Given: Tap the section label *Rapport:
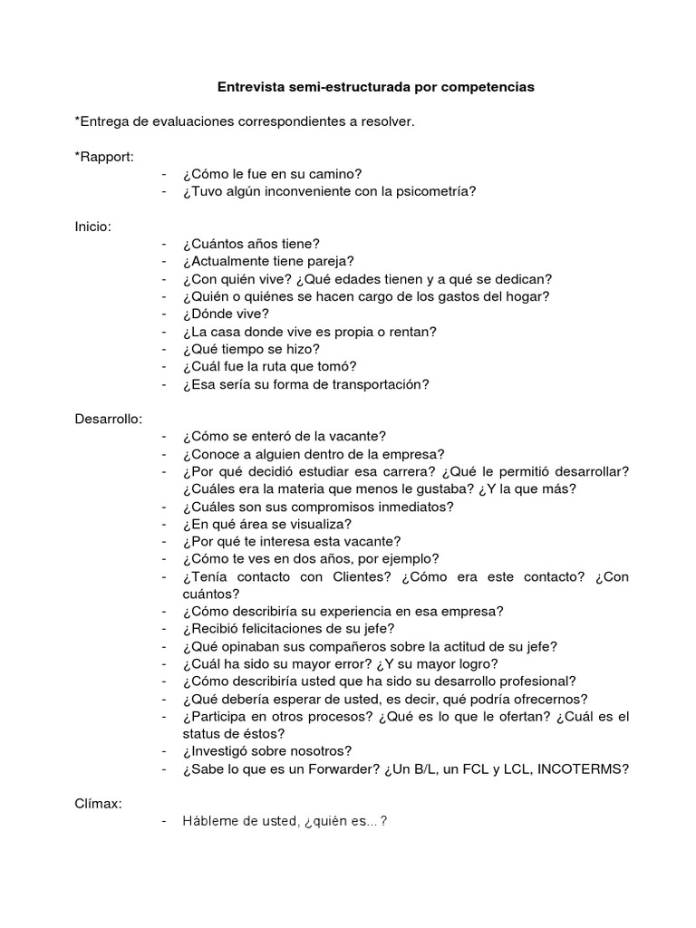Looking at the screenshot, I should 104,156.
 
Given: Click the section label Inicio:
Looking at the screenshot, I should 93,226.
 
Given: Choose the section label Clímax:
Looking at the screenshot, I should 99,804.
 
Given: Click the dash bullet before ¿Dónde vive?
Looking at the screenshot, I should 164,314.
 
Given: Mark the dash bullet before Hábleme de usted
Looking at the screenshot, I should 164,822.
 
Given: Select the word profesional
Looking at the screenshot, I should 535,681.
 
